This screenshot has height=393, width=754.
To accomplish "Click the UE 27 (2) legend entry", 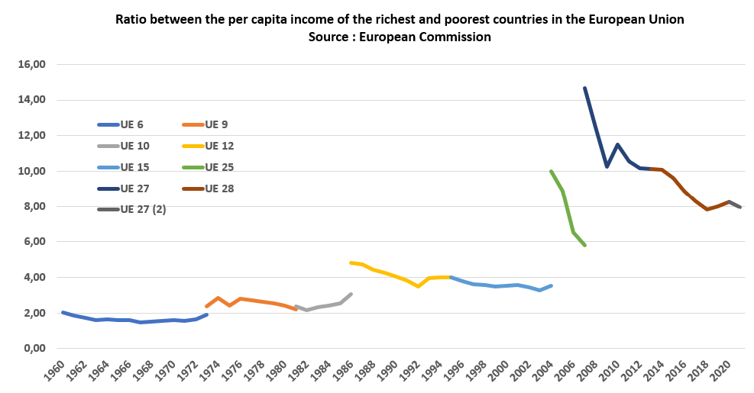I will click(x=143, y=209).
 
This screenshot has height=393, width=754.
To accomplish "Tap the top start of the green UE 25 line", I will click(x=551, y=171).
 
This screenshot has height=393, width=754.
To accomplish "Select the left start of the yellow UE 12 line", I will click(x=351, y=263).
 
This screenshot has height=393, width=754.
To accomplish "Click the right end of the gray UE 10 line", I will click(x=351, y=294).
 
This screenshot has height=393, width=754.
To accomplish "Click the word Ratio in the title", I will click(x=131, y=19).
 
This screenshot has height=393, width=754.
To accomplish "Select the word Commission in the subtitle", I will click(x=453, y=36).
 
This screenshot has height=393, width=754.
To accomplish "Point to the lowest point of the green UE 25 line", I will click(x=584, y=245).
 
